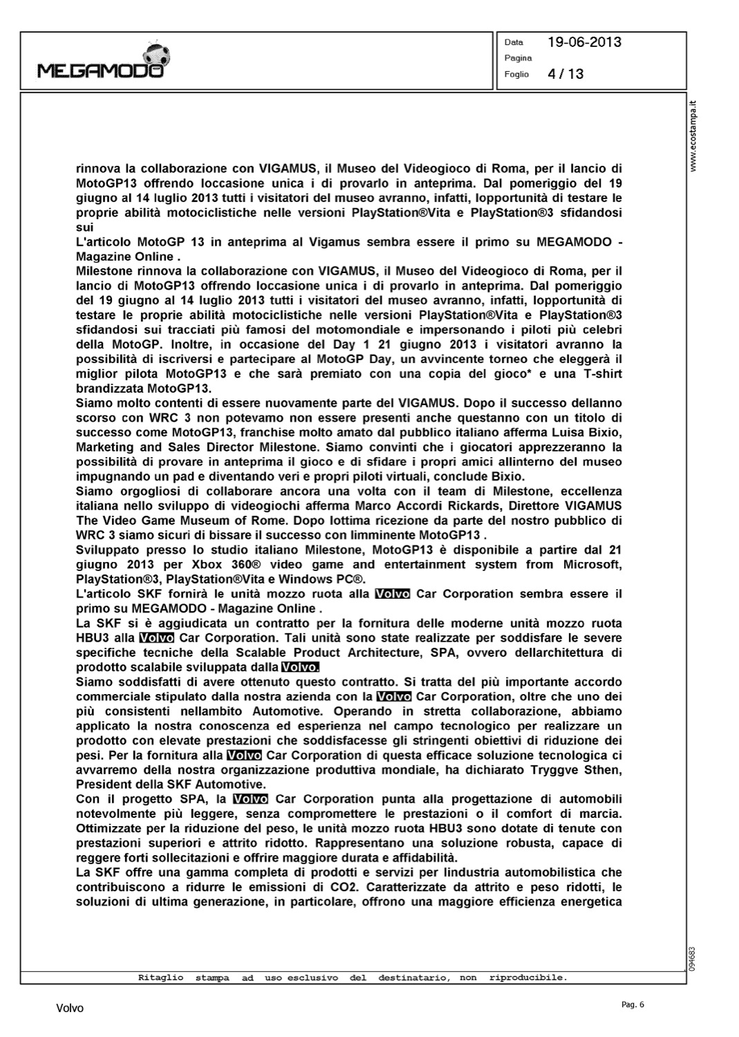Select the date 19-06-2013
tap(584, 42)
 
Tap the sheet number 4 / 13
tap(565, 74)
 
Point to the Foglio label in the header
tap(516, 74)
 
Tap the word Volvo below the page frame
tap(70, 1009)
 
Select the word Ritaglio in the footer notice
tap(161, 978)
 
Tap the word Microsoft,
tap(586, 564)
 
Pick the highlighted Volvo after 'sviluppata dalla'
tap(300, 667)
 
